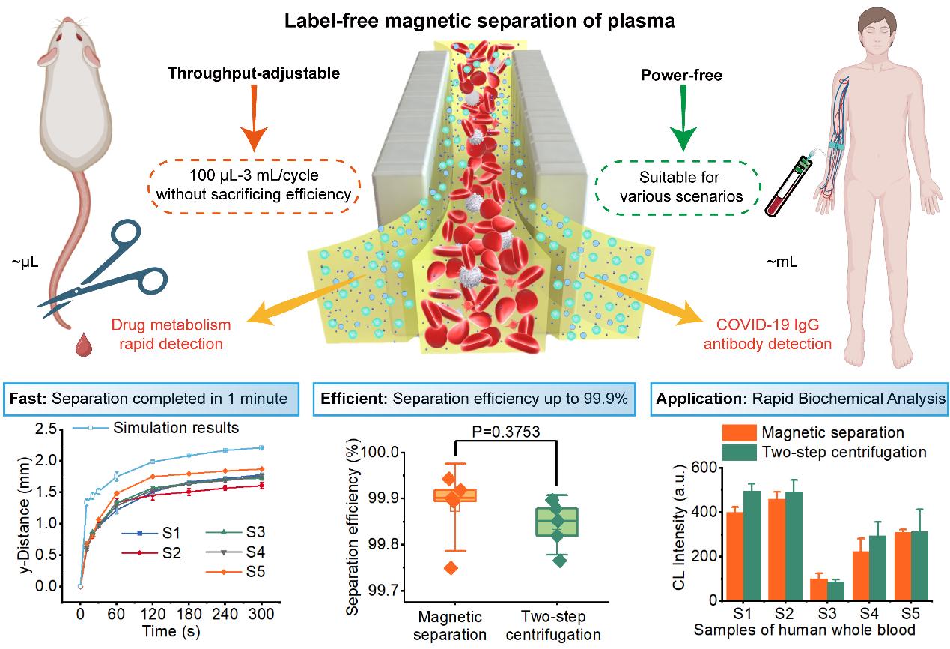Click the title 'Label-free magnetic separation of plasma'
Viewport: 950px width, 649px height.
(x=478, y=20)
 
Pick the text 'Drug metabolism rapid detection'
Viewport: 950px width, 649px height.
(x=171, y=335)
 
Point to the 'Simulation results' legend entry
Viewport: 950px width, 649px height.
(x=176, y=428)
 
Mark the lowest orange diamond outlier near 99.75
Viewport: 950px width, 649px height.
(x=451, y=567)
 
